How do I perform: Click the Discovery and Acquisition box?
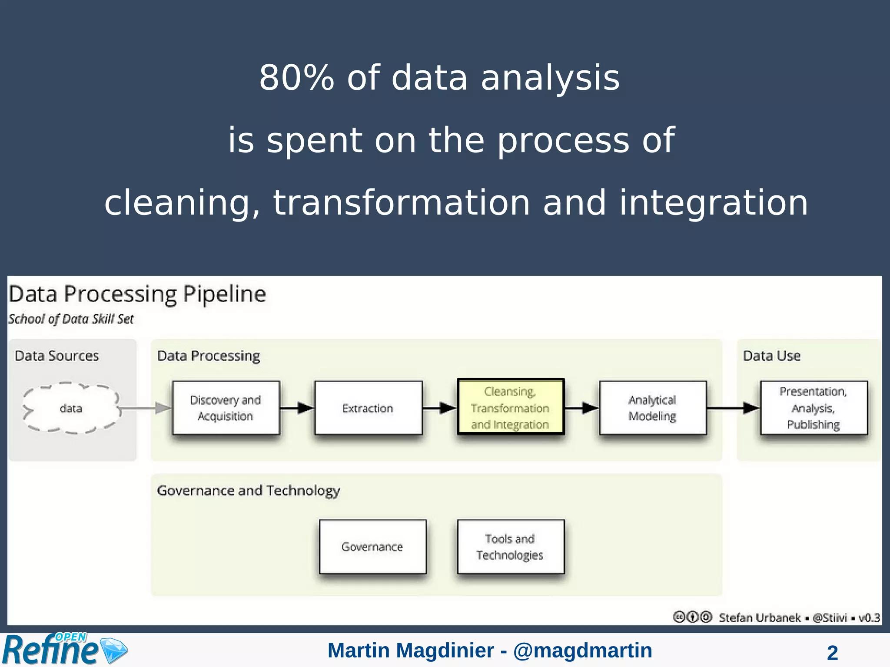coord(226,408)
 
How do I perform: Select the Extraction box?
coord(368,408)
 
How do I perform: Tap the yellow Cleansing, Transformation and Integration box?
coord(511,407)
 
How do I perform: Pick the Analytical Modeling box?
coord(652,408)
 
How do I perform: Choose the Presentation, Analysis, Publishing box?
coord(814,408)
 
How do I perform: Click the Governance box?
coord(372,547)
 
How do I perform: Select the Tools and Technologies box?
coord(510,547)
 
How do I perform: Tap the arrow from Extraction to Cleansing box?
coord(439,408)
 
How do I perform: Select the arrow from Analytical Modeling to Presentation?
coord(733,408)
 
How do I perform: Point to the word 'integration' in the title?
coord(713,203)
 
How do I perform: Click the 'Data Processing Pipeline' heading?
coord(137,294)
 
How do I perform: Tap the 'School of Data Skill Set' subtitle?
coord(71,319)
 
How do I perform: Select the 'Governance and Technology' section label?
coord(248,491)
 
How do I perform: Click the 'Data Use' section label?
coord(771,356)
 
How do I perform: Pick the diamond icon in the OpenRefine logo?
coord(114,650)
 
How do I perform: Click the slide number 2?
coord(832,653)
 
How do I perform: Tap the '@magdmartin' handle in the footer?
coord(582,650)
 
